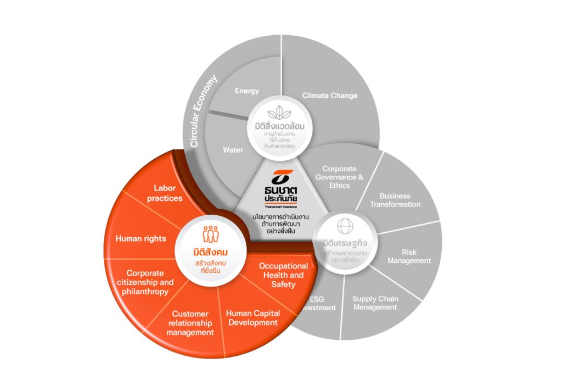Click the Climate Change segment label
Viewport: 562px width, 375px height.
[329, 96]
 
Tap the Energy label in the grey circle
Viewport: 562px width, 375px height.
[247, 91]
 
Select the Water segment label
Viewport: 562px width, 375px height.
[233, 150]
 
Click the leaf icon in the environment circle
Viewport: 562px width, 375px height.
[280, 111]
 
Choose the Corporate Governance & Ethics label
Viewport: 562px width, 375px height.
[340, 177]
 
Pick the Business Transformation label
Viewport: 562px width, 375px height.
[395, 200]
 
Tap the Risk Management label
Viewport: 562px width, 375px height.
[409, 256]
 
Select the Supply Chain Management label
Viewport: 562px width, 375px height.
[375, 303]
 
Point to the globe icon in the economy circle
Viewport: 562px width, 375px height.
[345, 227]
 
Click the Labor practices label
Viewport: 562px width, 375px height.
[164, 193]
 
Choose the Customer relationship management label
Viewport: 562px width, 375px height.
[190, 323]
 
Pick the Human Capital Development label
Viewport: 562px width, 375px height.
[253, 318]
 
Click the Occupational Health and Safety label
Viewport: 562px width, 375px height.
[283, 275]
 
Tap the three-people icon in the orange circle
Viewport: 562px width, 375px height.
[210, 235]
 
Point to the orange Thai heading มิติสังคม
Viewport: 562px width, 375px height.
[210, 253]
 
